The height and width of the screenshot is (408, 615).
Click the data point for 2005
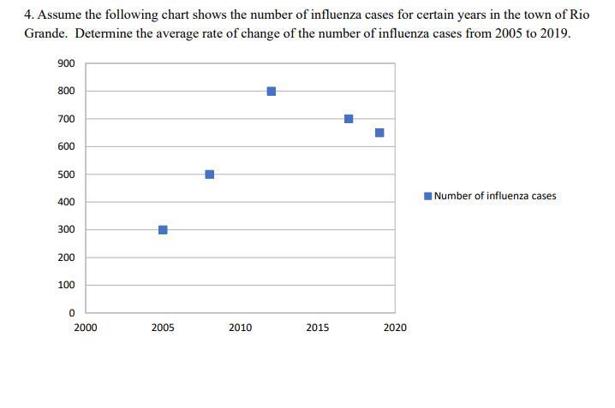tap(163, 229)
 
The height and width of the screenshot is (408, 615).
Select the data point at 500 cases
tap(210, 174)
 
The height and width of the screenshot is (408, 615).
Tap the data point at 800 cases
tap(272, 92)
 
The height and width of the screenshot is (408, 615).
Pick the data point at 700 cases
tap(349, 119)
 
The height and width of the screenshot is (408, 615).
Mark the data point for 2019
tap(379, 133)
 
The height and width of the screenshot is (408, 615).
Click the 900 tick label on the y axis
tap(66, 64)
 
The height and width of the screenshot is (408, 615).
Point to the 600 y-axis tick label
tap(66, 147)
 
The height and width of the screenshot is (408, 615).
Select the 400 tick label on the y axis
tap(66, 203)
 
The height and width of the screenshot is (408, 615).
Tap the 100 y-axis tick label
tap(66, 286)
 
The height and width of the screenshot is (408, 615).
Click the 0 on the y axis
tap(71, 313)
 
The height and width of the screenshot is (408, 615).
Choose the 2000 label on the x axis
tap(86, 328)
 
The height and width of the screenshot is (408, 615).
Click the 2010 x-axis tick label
tap(240, 328)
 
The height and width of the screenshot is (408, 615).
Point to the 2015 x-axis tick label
tap(317, 328)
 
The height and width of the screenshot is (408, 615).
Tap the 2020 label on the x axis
tap(395, 328)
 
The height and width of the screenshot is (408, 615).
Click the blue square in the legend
tap(428, 196)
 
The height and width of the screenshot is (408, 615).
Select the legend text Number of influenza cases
tap(495, 196)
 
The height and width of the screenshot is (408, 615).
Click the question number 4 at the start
tap(27, 15)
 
